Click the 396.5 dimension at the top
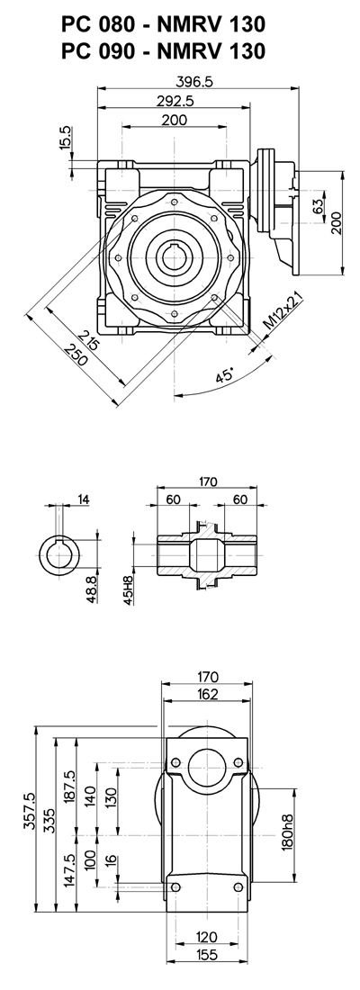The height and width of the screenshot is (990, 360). click(197, 82)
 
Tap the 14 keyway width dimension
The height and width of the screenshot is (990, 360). click(84, 499)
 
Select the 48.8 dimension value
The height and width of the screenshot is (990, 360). click(92, 589)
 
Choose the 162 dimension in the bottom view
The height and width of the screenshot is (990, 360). click(206, 695)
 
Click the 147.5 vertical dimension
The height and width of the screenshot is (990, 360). click(69, 872)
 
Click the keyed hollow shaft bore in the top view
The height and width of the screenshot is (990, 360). click(173, 257)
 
